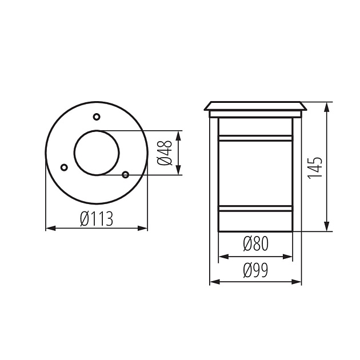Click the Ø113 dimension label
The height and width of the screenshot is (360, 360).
click(x=97, y=218)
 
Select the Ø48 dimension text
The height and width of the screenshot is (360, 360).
click(x=165, y=153)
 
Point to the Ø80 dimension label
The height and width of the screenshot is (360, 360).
click(x=255, y=245)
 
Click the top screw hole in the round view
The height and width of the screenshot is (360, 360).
click(x=96, y=117)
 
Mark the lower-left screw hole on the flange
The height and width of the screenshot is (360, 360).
click(x=64, y=167)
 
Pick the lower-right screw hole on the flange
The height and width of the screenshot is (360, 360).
click(x=125, y=174)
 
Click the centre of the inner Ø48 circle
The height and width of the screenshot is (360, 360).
click(x=97, y=153)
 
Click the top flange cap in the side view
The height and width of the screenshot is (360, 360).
click(x=255, y=106)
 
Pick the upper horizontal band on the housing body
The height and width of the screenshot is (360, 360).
click(x=255, y=138)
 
